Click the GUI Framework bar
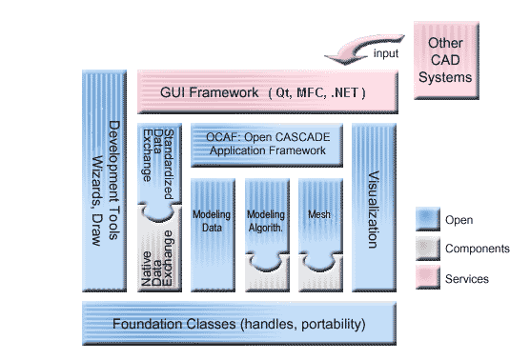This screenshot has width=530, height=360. (266, 92)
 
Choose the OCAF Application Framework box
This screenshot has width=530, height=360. (267, 145)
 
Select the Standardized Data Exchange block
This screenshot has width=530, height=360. (161, 167)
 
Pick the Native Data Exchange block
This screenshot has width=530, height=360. (161, 255)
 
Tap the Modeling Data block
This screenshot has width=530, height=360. (212, 229)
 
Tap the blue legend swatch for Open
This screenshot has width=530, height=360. (426, 220)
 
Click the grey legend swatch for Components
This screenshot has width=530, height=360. (426, 250)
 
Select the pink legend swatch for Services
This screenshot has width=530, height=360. (426, 278)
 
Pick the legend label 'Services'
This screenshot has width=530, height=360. (466, 279)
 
